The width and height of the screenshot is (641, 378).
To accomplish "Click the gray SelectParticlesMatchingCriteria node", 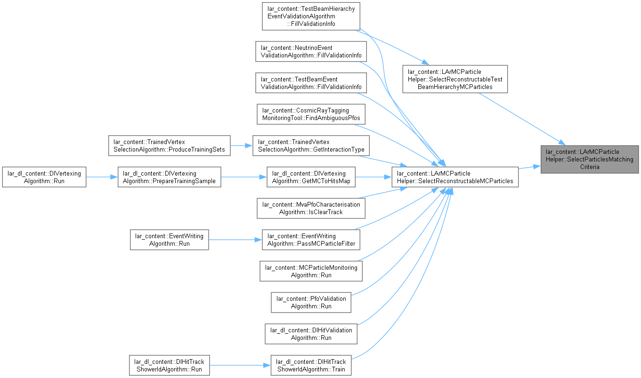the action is click(x=590, y=159).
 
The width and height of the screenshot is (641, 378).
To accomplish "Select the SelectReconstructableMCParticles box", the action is click(x=455, y=177).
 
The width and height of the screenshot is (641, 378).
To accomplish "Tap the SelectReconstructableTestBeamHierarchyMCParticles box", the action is click(x=455, y=79).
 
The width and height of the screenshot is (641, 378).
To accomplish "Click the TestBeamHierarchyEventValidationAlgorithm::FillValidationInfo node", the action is click(x=311, y=16).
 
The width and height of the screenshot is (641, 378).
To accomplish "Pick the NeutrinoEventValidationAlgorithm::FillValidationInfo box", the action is click(x=311, y=51).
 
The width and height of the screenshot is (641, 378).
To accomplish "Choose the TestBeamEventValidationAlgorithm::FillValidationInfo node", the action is click(x=311, y=83).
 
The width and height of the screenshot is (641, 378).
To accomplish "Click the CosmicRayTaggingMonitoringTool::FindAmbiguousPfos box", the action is click(x=311, y=114).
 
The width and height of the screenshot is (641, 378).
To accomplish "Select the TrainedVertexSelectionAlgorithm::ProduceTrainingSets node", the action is click(x=170, y=145).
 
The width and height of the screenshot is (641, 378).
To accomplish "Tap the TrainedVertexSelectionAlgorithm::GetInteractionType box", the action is click(x=311, y=145).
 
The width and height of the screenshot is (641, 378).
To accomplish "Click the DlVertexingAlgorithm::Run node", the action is click(x=44, y=177).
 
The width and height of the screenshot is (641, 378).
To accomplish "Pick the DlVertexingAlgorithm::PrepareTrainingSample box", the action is click(x=170, y=177).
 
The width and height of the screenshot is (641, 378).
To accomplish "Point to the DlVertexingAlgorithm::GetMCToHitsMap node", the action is click(x=311, y=177).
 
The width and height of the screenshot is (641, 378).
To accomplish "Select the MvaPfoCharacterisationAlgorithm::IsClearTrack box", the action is click(x=311, y=208).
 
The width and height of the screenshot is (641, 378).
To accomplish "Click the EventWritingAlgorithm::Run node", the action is click(x=170, y=240).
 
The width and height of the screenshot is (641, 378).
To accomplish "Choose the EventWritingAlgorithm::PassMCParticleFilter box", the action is click(x=311, y=240).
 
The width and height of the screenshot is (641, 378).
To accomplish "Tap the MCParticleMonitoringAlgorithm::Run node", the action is click(x=311, y=271).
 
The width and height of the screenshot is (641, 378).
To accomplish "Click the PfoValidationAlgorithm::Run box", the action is click(x=311, y=303).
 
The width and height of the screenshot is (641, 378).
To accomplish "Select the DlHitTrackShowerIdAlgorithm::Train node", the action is click(x=311, y=365).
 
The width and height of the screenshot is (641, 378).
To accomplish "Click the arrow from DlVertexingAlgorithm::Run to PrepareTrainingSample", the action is click(x=102, y=177).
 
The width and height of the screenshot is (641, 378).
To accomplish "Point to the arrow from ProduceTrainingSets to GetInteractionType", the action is click(x=242, y=145).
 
